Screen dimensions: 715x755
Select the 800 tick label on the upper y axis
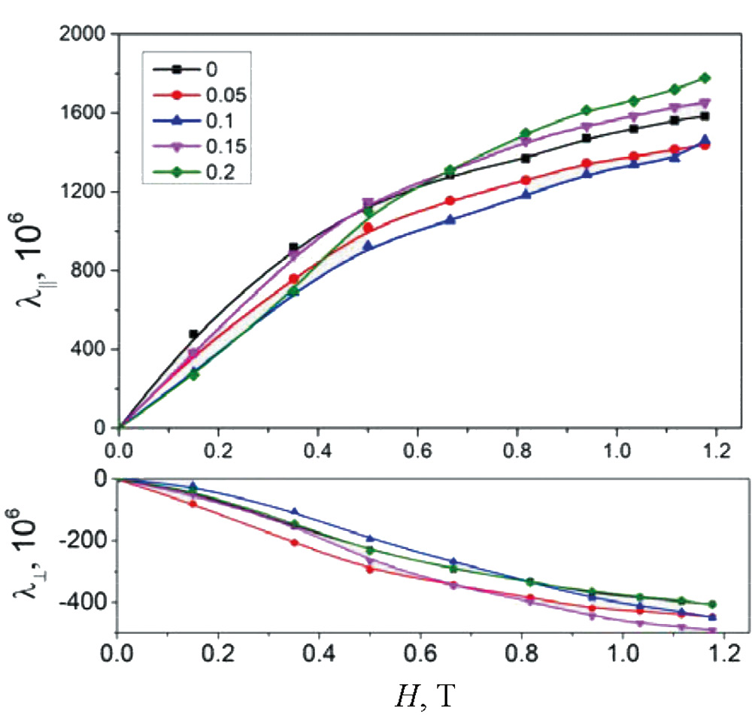(x=87, y=271)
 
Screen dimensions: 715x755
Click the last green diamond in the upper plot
(x=705, y=78)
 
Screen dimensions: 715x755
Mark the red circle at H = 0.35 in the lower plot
(x=294, y=542)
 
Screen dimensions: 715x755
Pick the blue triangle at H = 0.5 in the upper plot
(x=368, y=246)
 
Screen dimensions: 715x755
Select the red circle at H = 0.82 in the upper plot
(x=526, y=180)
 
